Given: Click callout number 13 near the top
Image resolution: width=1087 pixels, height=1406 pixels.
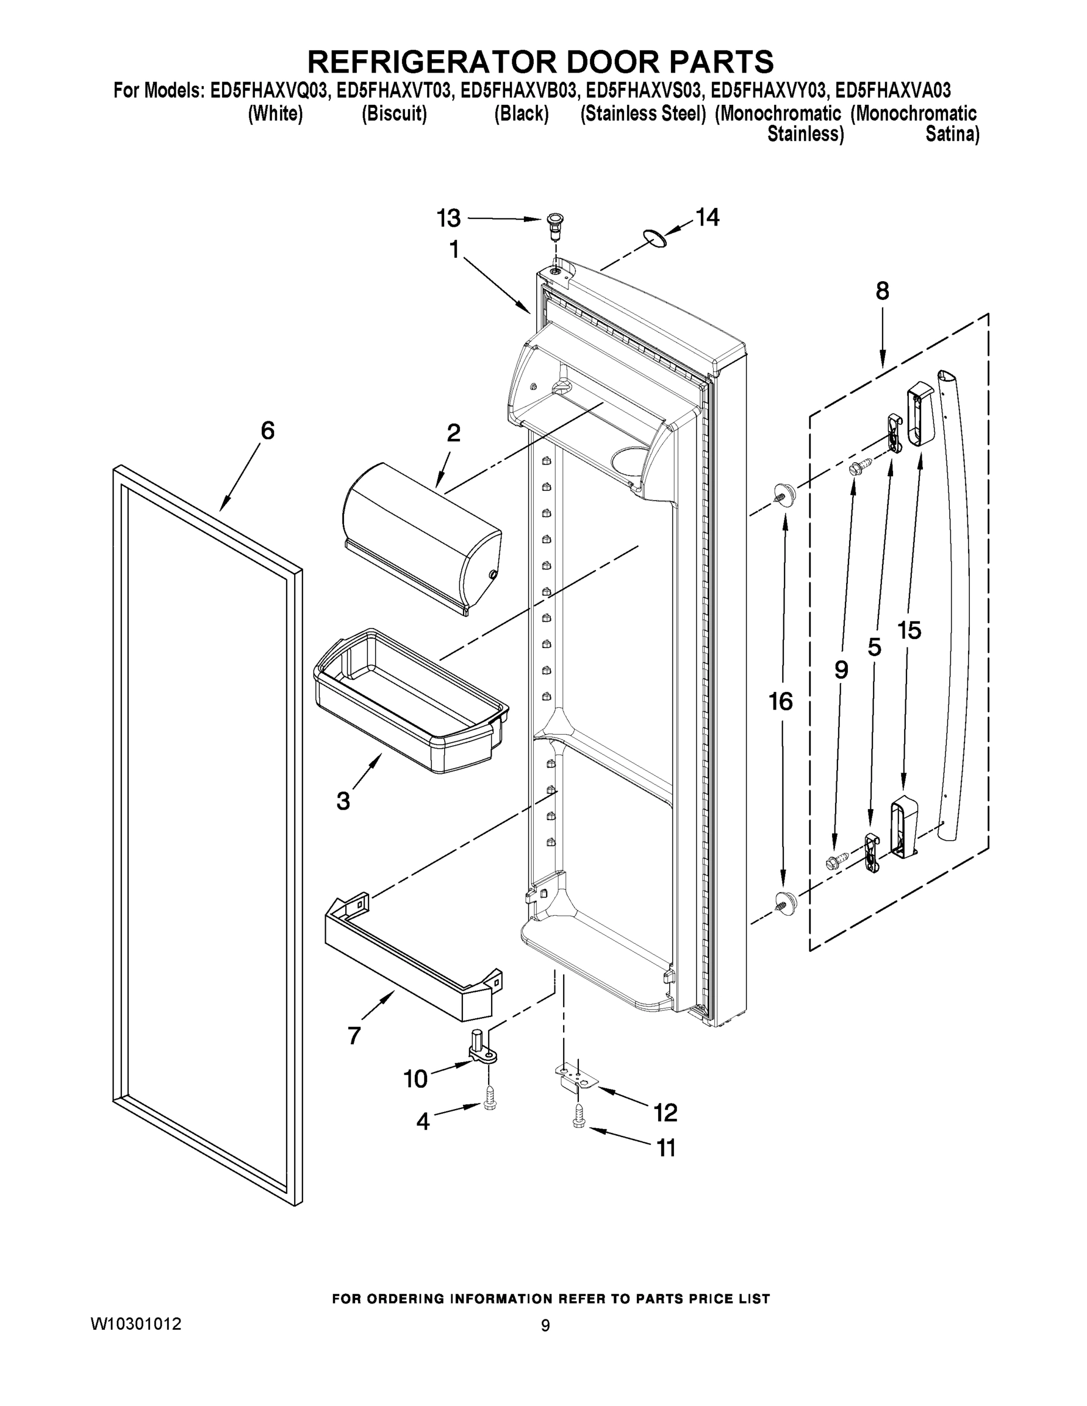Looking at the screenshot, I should tap(449, 219).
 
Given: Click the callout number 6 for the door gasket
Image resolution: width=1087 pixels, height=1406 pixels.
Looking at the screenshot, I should tap(267, 430).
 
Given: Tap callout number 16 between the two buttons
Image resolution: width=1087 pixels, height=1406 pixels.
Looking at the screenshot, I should tap(781, 701).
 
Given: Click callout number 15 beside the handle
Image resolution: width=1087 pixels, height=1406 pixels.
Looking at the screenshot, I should tap(909, 630).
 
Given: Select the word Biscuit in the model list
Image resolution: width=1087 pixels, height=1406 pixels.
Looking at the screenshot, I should tap(394, 114).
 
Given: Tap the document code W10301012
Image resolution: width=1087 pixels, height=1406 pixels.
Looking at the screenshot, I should tap(136, 1324).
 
